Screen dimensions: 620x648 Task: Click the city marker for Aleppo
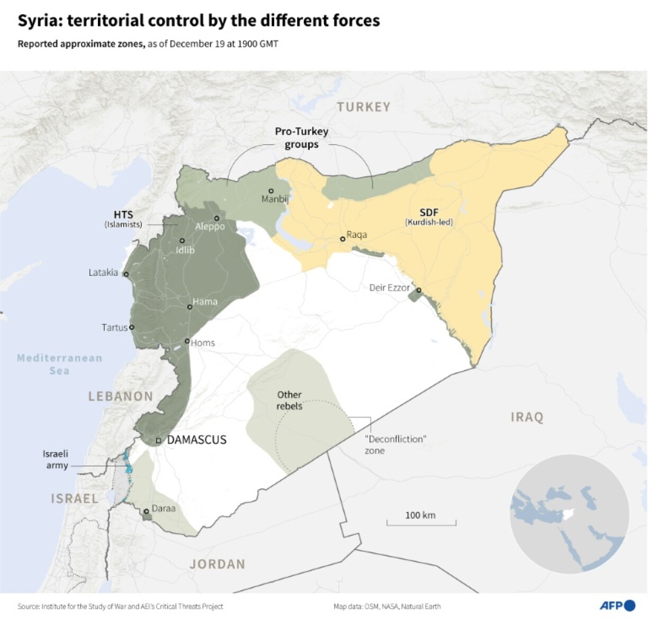217,218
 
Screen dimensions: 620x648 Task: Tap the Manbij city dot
271,191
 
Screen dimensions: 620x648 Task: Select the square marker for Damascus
158,441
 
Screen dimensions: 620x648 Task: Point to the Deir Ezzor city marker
418,290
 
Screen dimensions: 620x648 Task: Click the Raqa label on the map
356,235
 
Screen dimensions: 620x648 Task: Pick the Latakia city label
103,273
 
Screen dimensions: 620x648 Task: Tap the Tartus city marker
132,327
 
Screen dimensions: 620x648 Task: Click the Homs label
203,343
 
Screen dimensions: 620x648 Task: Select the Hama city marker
190,307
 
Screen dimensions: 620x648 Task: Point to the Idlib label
185,250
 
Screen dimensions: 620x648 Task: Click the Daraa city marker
146,511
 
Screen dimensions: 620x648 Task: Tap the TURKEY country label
364,107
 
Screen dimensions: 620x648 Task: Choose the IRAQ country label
527,417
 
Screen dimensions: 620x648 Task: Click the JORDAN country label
218,564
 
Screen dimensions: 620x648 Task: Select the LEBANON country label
121,396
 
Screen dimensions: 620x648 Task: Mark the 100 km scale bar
421,523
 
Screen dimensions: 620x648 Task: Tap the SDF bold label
429,212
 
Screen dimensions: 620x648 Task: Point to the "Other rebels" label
290,400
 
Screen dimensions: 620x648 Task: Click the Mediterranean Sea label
59,364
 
